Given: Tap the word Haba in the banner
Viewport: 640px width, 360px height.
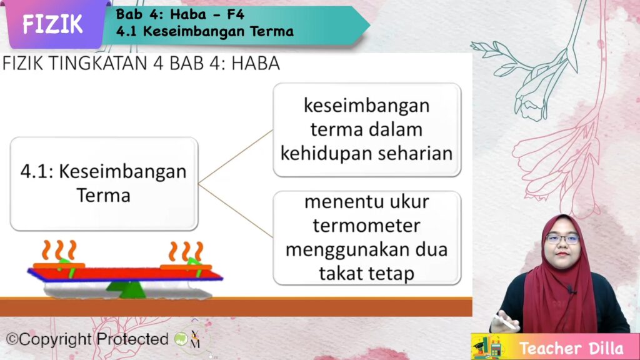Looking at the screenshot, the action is pyautogui.click(x=190, y=14).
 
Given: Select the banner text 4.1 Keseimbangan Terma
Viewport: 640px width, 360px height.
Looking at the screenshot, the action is pyautogui.click(x=205, y=31).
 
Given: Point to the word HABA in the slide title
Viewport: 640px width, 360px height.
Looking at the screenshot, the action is pyautogui.click(x=256, y=63).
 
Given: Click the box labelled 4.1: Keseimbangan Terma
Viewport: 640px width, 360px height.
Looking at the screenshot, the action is pyautogui.click(x=104, y=184).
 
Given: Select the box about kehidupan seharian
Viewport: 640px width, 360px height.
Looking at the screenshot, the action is pyautogui.click(x=367, y=130).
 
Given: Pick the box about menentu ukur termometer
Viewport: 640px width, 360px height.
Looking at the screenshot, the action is pyautogui.click(x=367, y=237).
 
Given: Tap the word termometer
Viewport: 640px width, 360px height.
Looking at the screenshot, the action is pyautogui.click(x=366, y=226).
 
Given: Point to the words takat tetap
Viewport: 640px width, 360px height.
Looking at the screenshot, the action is pyautogui.click(x=366, y=274).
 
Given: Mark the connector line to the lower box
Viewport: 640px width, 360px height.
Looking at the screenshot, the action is pyautogui.click(x=236, y=211).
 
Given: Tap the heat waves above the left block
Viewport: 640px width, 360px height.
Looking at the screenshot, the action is pyautogui.click(x=59, y=250).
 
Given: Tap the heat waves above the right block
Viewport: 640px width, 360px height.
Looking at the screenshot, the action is pyautogui.click(x=186, y=251).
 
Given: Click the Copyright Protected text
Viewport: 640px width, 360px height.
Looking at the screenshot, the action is pyautogui.click(x=87, y=339).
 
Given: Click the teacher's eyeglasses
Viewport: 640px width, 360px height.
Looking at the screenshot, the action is pyautogui.click(x=563, y=239).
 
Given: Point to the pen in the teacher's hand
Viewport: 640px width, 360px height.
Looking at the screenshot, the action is pyautogui.click(x=505, y=322).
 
